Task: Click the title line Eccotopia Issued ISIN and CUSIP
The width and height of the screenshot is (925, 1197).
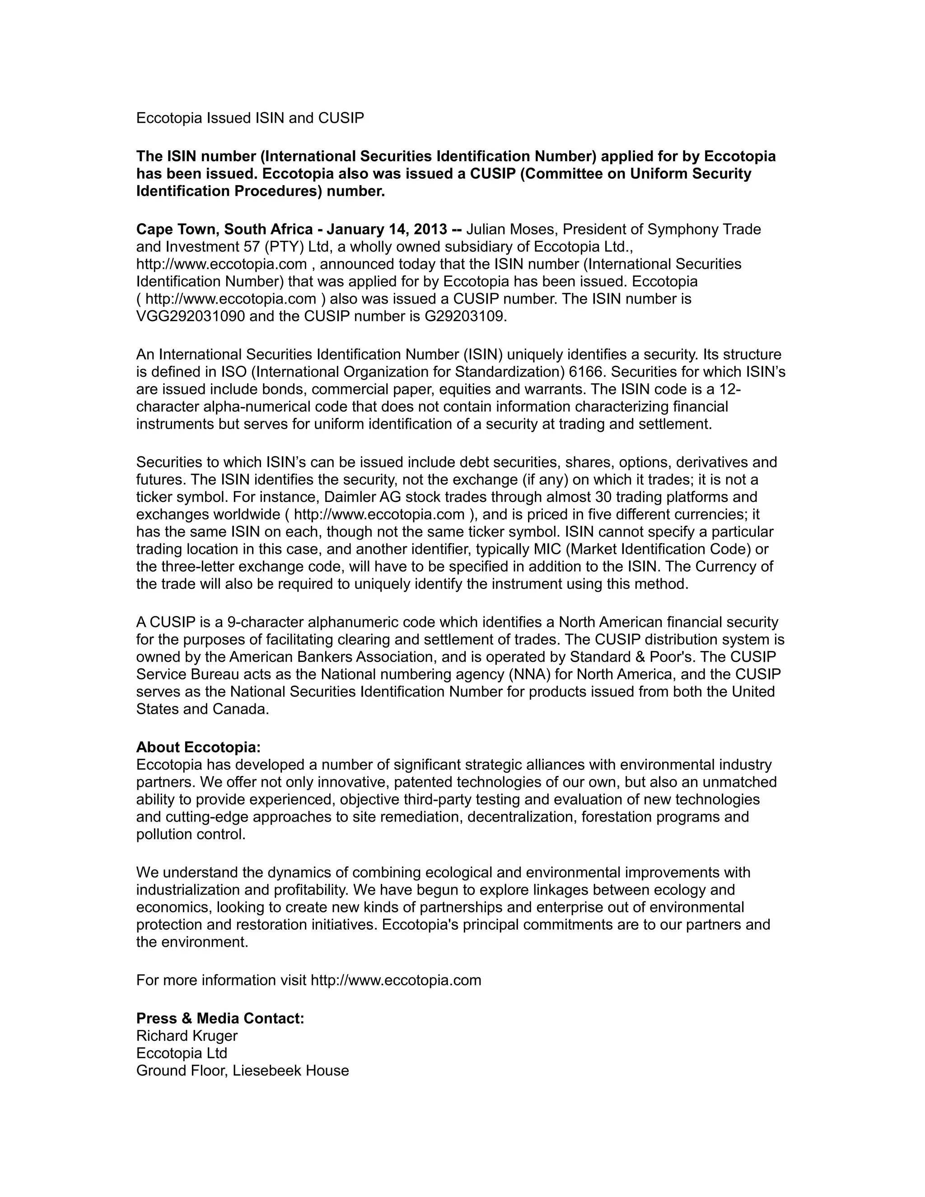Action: coord(250,118)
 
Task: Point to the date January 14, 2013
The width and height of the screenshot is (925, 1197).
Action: coord(386,229)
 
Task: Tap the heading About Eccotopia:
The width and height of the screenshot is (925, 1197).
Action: coord(198,747)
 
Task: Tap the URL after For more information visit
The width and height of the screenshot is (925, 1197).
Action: coord(396,980)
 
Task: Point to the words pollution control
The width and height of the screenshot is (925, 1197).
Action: coord(191,834)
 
